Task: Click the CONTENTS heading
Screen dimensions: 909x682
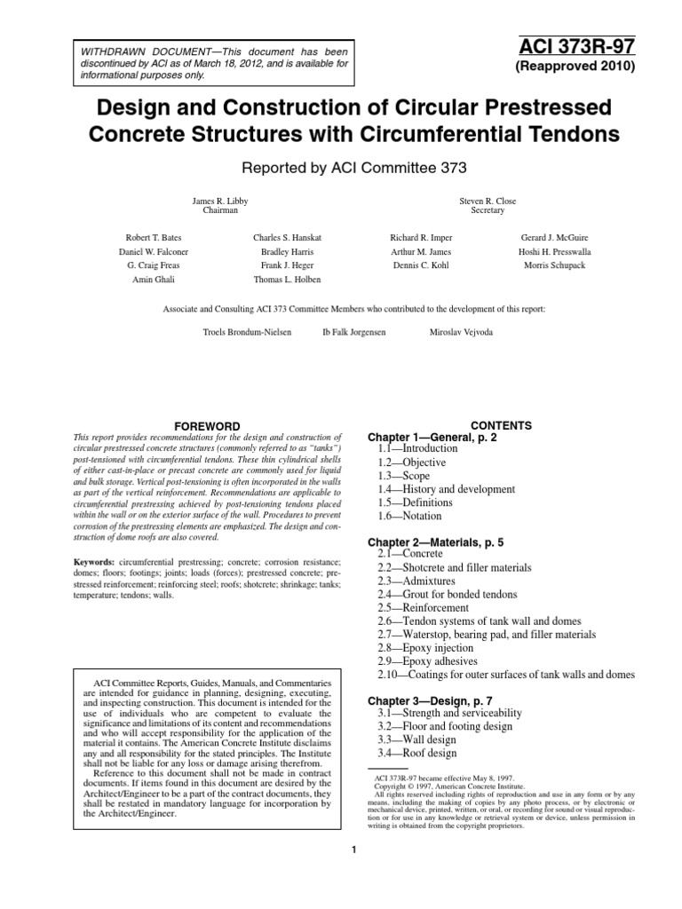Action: click(501, 425)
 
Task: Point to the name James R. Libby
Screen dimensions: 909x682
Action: click(220, 201)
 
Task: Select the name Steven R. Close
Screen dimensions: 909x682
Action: click(488, 201)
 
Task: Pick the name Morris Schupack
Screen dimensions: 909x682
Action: click(554, 265)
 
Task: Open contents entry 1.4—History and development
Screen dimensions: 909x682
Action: click(446, 489)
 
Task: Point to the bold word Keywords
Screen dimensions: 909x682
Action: click(91, 562)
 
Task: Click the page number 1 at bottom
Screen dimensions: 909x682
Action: click(353, 852)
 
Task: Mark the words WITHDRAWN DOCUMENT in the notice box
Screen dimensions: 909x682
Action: click(129, 51)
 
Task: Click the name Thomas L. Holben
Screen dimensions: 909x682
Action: click(286, 279)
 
